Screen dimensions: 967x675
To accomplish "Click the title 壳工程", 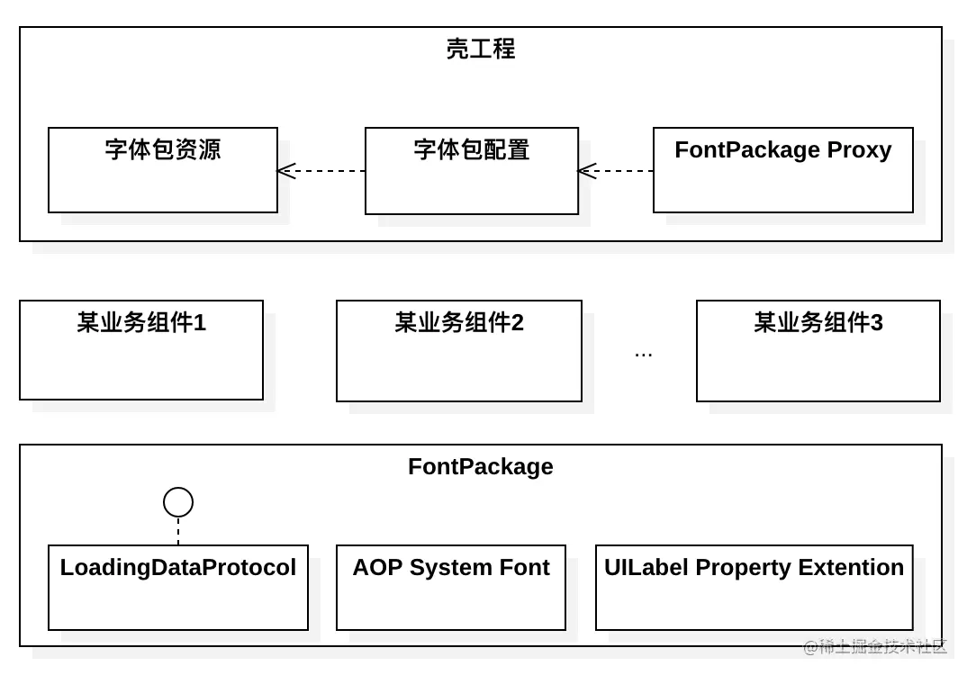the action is click(x=481, y=49).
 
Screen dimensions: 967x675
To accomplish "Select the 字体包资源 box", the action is click(x=163, y=170).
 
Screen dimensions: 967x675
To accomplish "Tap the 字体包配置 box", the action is click(x=472, y=171).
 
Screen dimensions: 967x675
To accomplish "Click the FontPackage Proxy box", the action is click(x=783, y=170).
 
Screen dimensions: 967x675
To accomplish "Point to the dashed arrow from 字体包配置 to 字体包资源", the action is click(x=321, y=171).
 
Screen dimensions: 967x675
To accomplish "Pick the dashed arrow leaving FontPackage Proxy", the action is click(x=616, y=171).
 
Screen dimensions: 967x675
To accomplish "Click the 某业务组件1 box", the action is click(x=141, y=350).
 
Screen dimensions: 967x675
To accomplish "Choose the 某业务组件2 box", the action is click(x=459, y=351).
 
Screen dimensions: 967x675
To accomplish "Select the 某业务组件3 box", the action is click(x=818, y=351).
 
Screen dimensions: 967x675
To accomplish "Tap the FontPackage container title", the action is click(x=481, y=466).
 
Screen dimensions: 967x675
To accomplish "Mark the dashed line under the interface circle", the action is click(x=178, y=531).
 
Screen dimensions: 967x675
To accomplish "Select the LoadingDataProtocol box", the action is click(x=178, y=588).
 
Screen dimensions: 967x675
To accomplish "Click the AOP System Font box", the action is click(x=451, y=588).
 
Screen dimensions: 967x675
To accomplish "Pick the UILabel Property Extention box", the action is click(x=755, y=588).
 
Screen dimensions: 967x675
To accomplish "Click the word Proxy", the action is click(x=859, y=149).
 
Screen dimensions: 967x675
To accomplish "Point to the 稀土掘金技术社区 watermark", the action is click(x=875, y=646).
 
